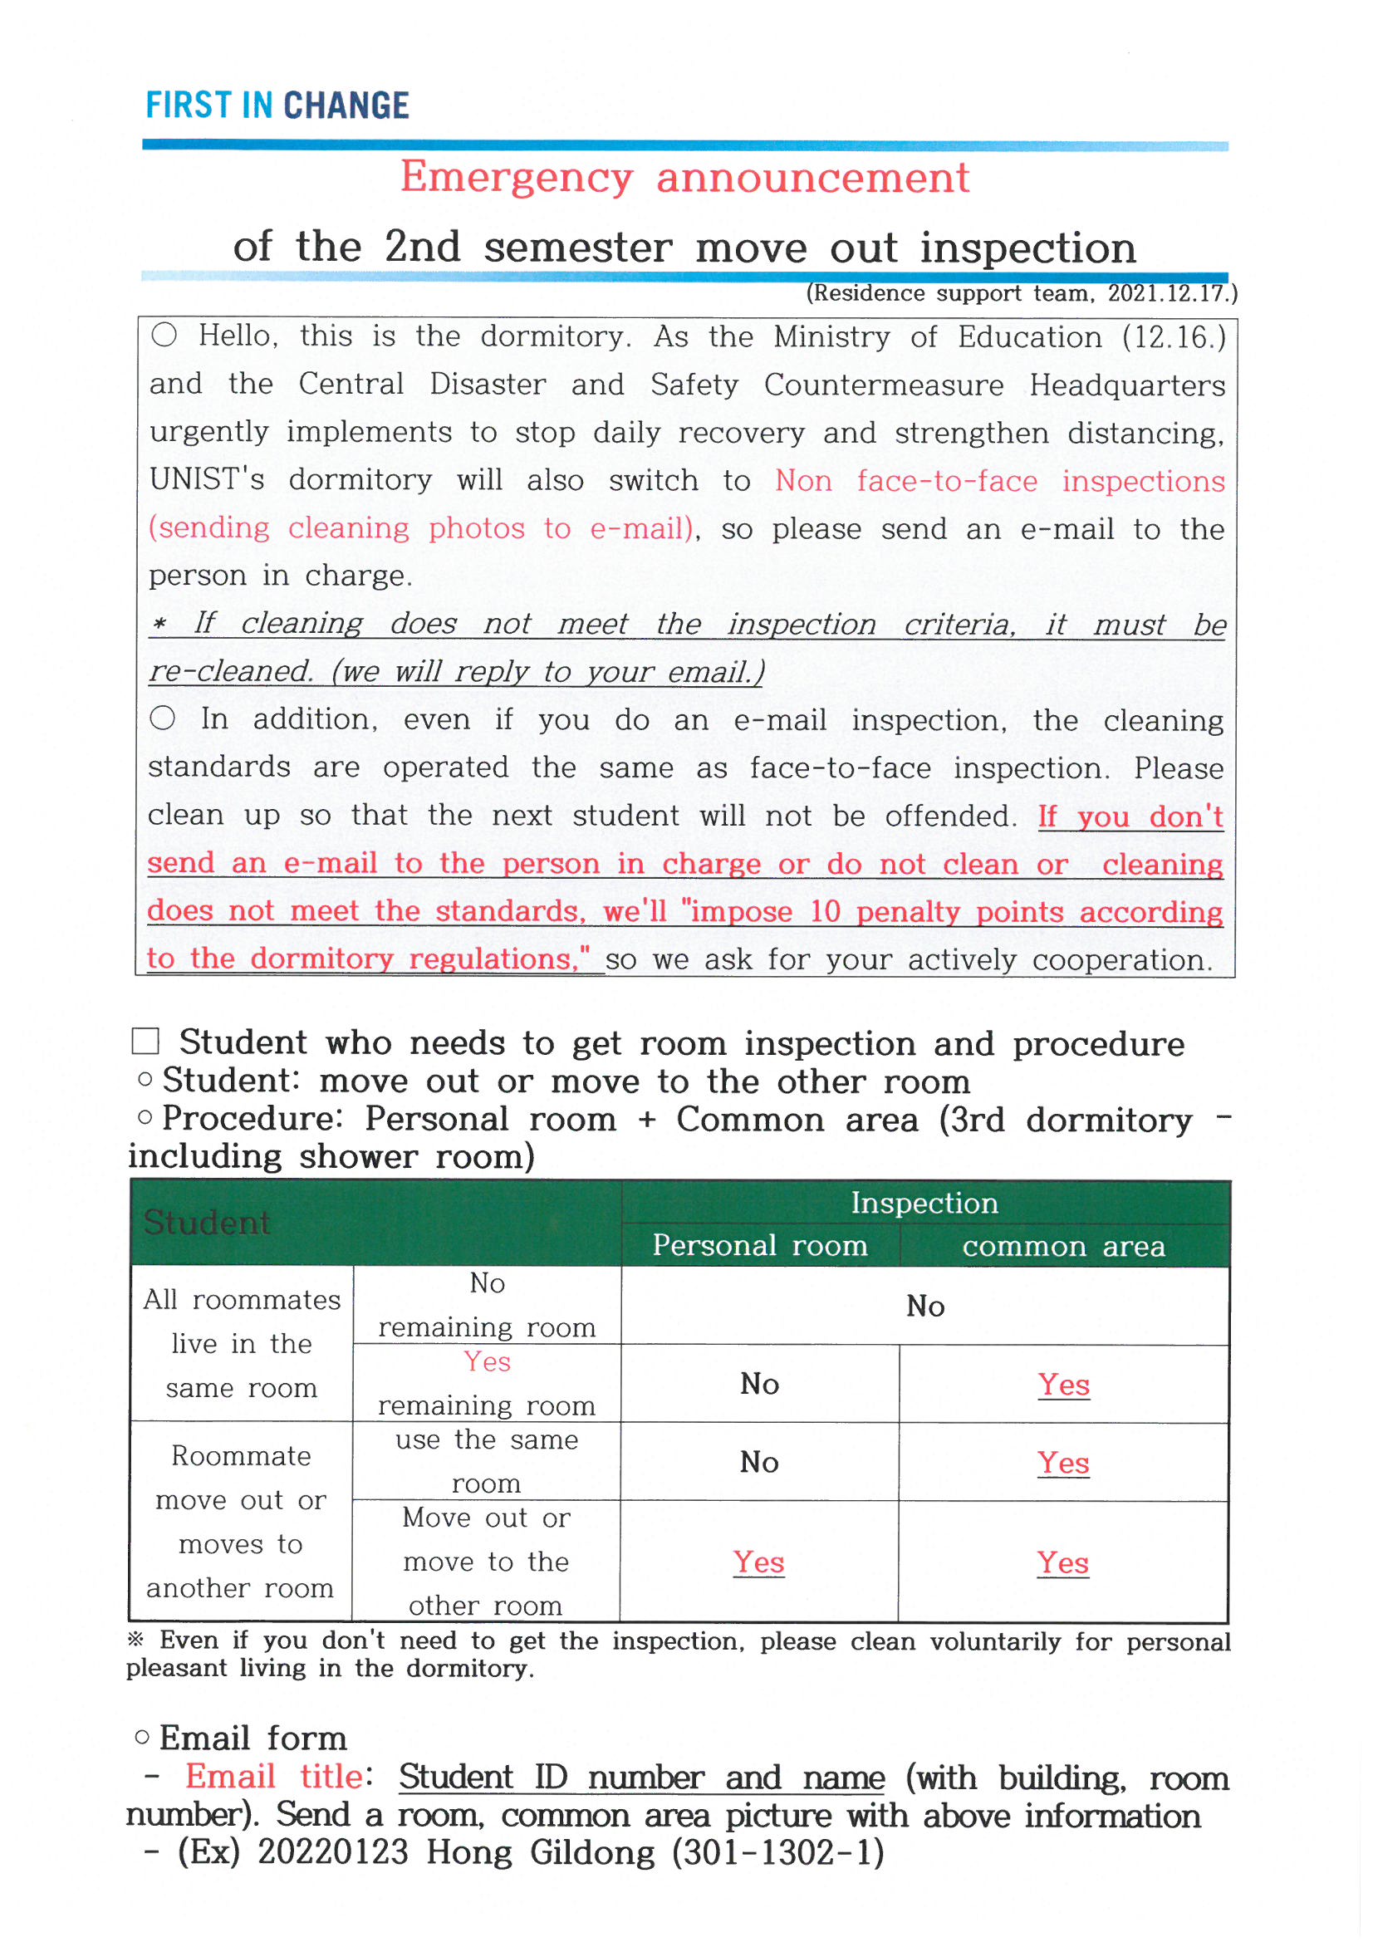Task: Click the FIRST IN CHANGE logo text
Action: pyautogui.click(x=277, y=105)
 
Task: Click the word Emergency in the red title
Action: pyautogui.click(x=516, y=178)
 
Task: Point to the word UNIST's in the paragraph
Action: pyautogui.click(x=207, y=479)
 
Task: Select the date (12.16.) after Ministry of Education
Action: pyautogui.click(x=1174, y=337)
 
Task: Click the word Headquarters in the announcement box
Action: pyautogui.click(x=1127, y=385)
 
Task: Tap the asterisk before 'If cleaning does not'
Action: pyautogui.click(x=159, y=625)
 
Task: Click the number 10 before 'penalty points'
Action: pyautogui.click(x=825, y=912)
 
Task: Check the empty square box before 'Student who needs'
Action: pyautogui.click(x=145, y=1042)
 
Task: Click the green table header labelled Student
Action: pyautogui.click(x=207, y=1223)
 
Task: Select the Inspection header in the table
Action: pyautogui.click(x=924, y=1203)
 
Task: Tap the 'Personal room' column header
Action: pyautogui.click(x=760, y=1246)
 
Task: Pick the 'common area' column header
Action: pyautogui.click(x=1063, y=1247)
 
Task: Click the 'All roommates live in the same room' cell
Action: pyautogui.click(x=242, y=1344)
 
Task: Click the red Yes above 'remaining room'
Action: pyautogui.click(x=487, y=1361)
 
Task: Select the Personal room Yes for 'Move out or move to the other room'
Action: pyautogui.click(x=759, y=1562)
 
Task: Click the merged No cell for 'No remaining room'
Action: pyautogui.click(x=924, y=1307)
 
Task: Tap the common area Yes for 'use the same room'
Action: pyautogui.click(x=1063, y=1463)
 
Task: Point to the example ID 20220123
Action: pyautogui.click(x=332, y=1852)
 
